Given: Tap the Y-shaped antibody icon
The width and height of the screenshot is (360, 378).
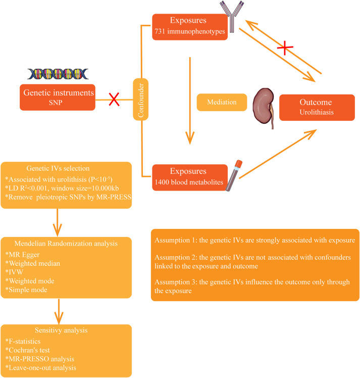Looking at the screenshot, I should click(230, 17).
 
